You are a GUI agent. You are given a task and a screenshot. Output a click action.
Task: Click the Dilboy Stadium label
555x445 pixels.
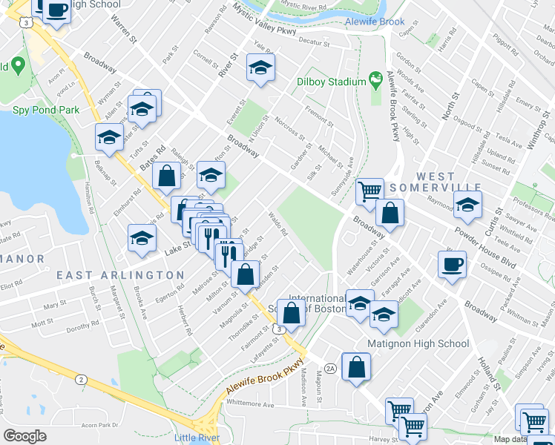point(331,82)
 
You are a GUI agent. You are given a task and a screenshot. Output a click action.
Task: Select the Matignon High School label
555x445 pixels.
point(418,343)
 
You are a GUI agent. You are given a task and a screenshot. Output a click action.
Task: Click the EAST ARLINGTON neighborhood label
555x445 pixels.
point(120,275)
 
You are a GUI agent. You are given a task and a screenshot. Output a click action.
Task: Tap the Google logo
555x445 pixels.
point(24,436)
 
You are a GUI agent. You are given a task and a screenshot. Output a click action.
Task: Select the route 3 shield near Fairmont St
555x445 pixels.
point(278,328)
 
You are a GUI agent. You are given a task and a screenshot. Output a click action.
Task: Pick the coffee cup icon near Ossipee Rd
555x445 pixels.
point(452,264)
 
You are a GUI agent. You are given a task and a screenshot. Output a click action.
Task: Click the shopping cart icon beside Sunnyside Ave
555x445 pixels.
point(369,192)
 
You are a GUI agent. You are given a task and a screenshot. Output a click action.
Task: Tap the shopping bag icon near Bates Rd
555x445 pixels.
point(167,176)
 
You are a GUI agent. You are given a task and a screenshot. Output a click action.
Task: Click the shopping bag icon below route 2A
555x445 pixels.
point(357,366)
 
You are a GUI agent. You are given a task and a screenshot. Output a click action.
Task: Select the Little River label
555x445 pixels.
point(197,438)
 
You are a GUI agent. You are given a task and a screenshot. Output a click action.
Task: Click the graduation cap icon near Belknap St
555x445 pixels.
point(110,137)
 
